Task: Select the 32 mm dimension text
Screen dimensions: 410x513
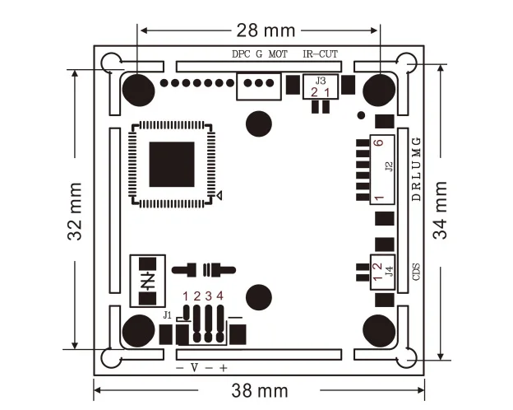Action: (x=75, y=223)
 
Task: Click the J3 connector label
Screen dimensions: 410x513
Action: (x=321, y=81)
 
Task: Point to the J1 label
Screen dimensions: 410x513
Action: (x=169, y=314)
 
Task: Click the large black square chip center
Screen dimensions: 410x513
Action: (x=172, y=164)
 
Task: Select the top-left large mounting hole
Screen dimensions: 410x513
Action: (x=137, y=87)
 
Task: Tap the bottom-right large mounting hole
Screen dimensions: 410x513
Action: (x=378, y=328)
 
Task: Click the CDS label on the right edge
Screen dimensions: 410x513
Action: (x=416, y=271)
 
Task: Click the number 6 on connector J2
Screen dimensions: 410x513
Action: (x=377, y=142)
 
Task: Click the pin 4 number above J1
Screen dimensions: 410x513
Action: (x=220, y=296)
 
